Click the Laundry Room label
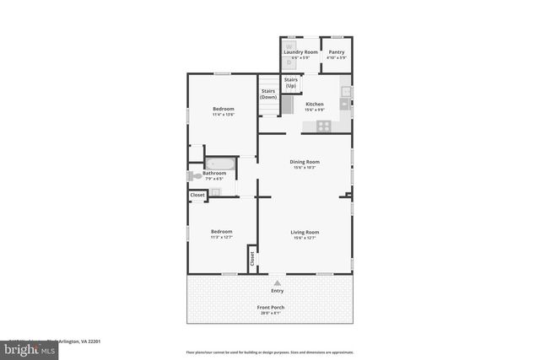click(x=300, y=52)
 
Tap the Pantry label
click(x=336, y=52)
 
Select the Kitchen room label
click(x=314, y=105)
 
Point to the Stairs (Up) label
click(x=290, y=83)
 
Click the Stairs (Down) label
click(x=268, y=94)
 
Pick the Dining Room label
click(x=305, y=162)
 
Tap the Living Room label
click(x=305, y=232)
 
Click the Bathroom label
click(x=214, y=174)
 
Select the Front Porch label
click(x=270, y=308)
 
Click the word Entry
click(x=277, y=291)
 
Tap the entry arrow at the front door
click(x=277, y=282)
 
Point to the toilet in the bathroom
click(x=193, y=176)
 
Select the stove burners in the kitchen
click(x=323, y=126)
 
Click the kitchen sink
click(x=344, y=104)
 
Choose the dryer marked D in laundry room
click(x=289, y=62)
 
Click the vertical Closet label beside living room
click(x=251, y=258)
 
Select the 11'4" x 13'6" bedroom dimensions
click(x=223, y=116)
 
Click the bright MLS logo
click(x=29, y=350)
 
